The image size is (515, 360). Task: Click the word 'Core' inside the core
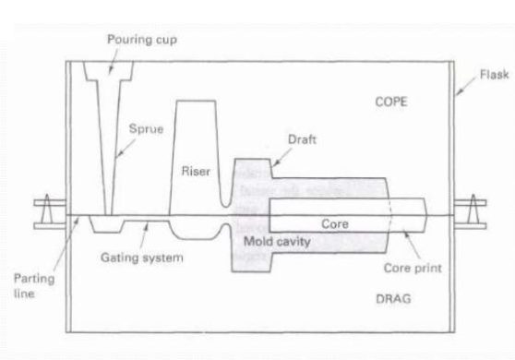point(333,223)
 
